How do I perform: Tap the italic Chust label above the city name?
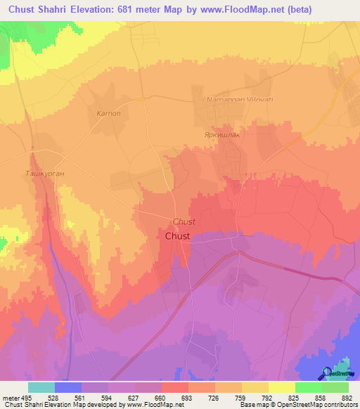point(184,221)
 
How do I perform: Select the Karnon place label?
point(108,113)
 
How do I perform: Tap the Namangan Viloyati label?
point(238,100)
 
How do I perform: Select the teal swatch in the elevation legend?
point(41,387)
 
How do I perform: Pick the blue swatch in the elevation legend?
point(68,387)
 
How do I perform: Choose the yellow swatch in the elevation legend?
point(282,387)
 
